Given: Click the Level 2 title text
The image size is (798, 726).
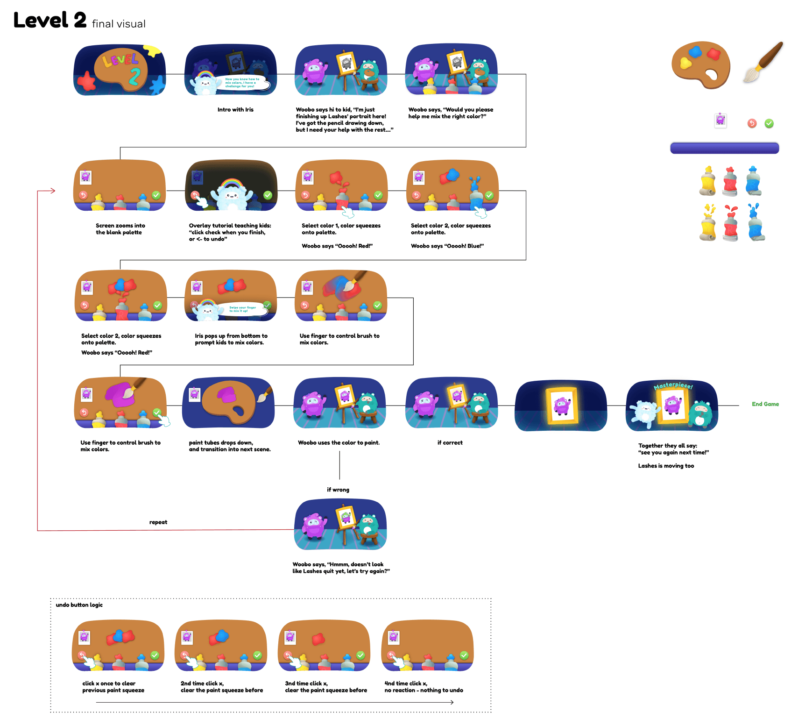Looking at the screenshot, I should click(50, 21).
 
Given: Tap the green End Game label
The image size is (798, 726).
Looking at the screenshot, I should click(765, 404).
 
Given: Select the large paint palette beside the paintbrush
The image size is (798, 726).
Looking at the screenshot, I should click(700, 64).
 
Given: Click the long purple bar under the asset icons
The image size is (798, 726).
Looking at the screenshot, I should click(724, 148).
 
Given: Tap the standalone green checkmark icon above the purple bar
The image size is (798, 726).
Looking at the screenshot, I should click(769, 123).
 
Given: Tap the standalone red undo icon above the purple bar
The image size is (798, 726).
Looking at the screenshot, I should click(752, 123).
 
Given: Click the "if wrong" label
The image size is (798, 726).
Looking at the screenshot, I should click(338, 490).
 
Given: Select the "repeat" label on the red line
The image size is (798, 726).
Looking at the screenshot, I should click(158, 522).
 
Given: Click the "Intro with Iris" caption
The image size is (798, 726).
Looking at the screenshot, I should click(235, 110).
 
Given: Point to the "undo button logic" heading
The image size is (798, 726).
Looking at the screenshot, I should click(79, 605).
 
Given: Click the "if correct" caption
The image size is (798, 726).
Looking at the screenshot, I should click(450, 442).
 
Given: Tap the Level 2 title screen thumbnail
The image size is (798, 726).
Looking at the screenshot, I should click(120, 70).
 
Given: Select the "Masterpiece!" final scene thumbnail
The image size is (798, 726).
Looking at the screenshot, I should click(671, 406).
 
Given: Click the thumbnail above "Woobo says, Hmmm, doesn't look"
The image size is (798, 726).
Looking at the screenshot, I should click(340, 524).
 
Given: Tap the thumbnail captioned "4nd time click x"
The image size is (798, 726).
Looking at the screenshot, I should click(427, 645).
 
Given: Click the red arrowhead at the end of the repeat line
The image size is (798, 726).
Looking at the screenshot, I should click(53, 191).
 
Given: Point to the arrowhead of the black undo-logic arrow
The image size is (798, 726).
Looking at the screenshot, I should click(452, 702).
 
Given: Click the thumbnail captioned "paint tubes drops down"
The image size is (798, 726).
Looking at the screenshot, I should click(228, 403).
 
